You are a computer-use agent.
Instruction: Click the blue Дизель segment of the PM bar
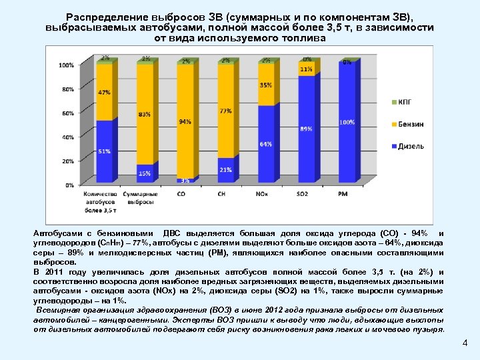pos(345,123)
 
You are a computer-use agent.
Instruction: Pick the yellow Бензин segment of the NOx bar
pos(265,85)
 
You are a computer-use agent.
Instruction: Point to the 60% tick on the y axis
pos(68,113)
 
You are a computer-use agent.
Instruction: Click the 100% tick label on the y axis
pos(67,65)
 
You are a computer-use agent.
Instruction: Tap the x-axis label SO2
pos(303,193)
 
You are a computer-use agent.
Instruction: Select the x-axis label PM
pos(343,193)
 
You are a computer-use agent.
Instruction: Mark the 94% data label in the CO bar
pos(185,122)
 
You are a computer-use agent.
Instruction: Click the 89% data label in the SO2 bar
pos(306,128)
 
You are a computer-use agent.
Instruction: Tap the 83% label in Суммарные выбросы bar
pos(145,115)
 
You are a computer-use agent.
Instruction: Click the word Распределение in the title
pos(107,17)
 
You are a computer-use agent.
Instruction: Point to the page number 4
pos(465,343)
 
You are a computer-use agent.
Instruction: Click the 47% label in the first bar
pos(104,93)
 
